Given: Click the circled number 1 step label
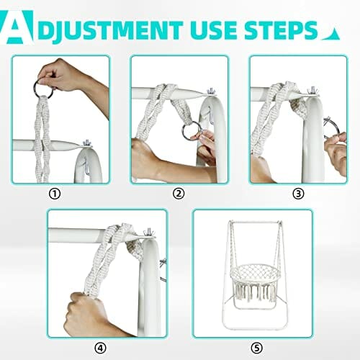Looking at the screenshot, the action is (x=55, y=194).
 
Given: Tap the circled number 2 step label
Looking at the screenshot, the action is (x=179, y=194).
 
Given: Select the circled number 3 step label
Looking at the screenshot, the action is (x=298, y=194).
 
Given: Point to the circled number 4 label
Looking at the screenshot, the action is (x=100, y=348).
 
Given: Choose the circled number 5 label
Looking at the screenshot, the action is (x=257, y=348).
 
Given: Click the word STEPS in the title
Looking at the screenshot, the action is (x=281, y=30).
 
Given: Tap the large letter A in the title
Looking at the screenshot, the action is (x=17, y=27).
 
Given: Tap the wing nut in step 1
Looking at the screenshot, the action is (x=87, y=144).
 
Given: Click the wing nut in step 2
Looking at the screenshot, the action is (x=212, y=91).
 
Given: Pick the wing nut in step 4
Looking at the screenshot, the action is (x=148, y=233).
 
